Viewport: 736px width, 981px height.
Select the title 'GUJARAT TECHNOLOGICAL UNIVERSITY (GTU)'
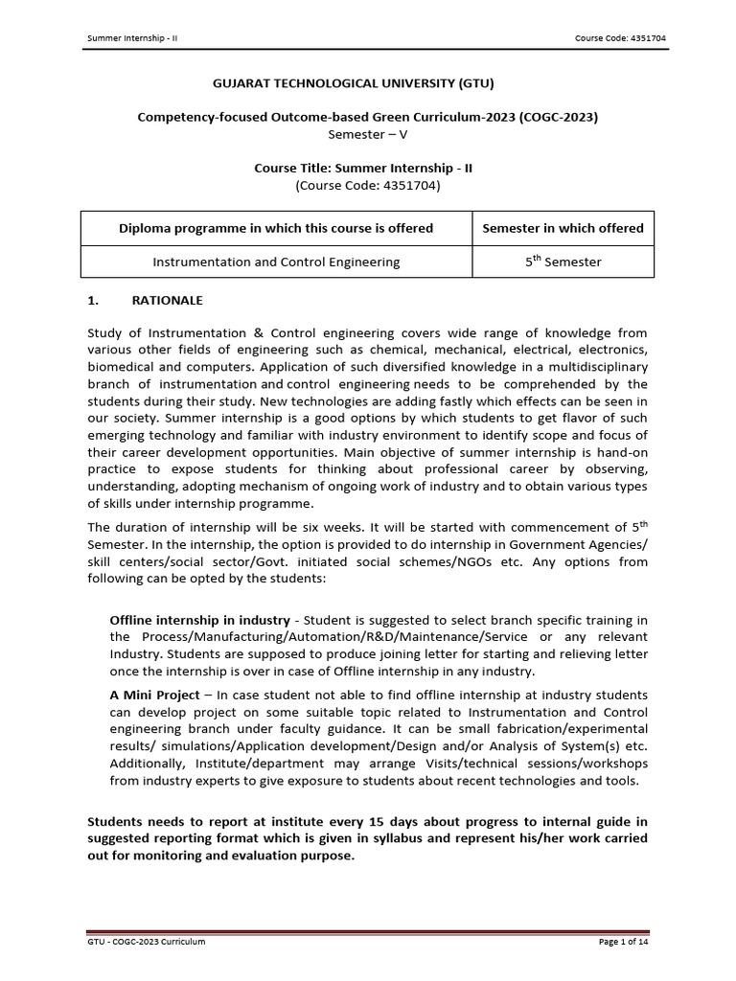(368, 84)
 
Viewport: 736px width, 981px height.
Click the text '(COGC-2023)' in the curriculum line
(560, 118)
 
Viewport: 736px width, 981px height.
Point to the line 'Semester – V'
(368, 134)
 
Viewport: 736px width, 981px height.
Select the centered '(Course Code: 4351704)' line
(368, 185)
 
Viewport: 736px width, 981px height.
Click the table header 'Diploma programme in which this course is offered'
(276, 228)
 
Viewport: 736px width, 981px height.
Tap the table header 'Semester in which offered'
(563, 228)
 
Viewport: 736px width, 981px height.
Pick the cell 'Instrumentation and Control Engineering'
(276, 262)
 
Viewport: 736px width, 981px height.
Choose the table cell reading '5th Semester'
(563, 262)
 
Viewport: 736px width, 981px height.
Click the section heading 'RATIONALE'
(173, 300)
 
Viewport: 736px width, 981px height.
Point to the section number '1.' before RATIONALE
(94, 300)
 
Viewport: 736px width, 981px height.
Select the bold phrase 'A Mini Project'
(154, 695)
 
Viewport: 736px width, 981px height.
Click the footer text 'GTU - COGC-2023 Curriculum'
(147, 942)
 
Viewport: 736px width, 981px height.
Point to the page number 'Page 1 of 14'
(623, 942)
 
